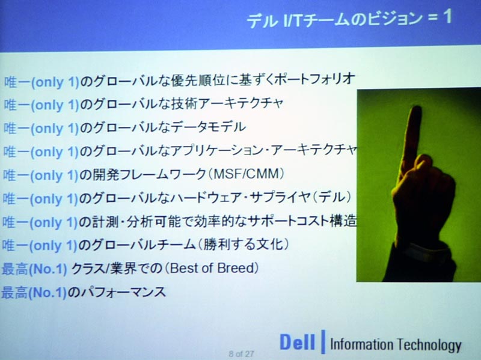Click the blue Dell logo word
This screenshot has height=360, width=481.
pos(297,342)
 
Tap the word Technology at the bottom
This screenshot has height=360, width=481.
pos(429,345)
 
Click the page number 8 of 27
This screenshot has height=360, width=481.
pos(241,354)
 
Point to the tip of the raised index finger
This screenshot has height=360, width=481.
pos(416,108)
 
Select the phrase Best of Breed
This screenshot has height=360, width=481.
pos(212,268)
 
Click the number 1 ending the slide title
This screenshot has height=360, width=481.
pos(447,16)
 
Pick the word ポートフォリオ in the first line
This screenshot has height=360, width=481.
pos(314,79)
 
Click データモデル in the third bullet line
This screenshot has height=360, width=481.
pos(209,127)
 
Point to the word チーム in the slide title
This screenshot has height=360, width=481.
pos(326,19)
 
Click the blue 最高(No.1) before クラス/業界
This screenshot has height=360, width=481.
pos(34,269)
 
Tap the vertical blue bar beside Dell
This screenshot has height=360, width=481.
pos(323,341)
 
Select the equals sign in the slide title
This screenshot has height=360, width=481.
pos(432,17)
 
